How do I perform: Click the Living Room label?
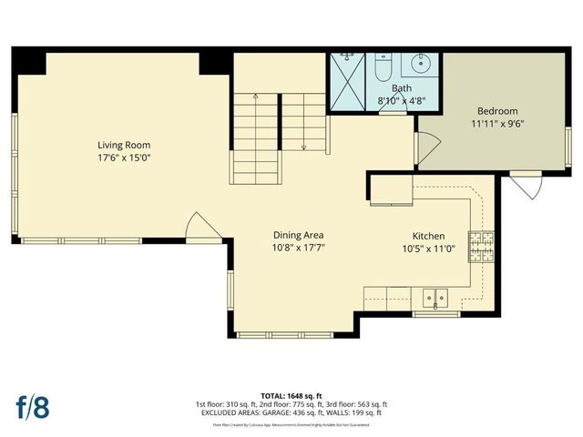(125, 145)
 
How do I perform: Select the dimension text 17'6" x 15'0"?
(125, 158)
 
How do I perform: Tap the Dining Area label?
(299, 234)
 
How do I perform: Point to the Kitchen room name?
(428, 234)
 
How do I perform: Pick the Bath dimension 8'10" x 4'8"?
(402, 100)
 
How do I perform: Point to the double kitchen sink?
(435, 296)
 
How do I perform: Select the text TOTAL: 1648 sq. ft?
(291, 395)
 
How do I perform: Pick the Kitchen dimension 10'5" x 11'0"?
(428, 247)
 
